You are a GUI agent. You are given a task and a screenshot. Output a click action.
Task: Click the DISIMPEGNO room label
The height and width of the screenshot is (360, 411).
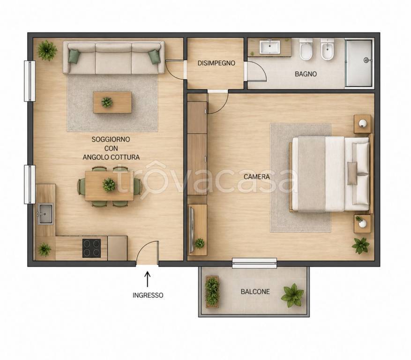click(x=216, y=63)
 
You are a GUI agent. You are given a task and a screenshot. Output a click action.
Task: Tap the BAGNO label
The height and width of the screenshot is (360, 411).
click(x=306, y=74)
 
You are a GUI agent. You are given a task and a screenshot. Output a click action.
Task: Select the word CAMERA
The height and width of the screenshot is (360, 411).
click(x=257, y=177)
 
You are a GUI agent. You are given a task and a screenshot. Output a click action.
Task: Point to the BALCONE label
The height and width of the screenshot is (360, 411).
click(x=255, y=292)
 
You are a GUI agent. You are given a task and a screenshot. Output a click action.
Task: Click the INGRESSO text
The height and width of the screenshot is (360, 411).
click(x=148, y=295)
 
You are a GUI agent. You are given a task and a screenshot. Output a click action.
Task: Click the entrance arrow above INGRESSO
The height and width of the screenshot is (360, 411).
click(x=148, y=279)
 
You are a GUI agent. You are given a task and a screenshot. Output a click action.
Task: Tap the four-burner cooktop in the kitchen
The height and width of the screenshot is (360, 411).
click(x=91, y=248)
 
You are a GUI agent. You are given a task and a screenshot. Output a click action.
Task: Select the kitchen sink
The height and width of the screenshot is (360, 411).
click(x=45, y=214)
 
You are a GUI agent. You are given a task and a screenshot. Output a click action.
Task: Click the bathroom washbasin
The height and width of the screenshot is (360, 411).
click(x=270, y=47)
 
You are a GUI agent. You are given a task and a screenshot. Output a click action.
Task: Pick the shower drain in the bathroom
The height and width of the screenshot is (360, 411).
click(x=366, y=60)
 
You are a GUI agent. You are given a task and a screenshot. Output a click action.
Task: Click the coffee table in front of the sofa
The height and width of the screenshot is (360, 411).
click(x=112, y=102)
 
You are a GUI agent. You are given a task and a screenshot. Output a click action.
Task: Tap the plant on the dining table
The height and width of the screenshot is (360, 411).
click(x=109, y=185)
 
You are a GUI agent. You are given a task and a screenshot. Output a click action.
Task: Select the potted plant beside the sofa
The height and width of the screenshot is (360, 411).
click(x=47, y=50)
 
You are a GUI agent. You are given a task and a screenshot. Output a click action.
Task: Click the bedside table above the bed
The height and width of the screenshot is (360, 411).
click(x=362, y=124)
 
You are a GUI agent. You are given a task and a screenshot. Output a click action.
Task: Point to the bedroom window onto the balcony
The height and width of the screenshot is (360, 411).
click(x=254, y=263)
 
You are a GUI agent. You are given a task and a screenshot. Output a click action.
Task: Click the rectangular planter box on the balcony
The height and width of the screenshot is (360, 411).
click(x=212, y=292)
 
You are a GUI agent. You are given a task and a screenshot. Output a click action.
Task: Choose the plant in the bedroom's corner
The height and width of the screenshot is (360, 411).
click(x=361, y=246)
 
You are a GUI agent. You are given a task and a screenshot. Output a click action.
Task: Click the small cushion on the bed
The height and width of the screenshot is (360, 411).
click(x=352, y=173)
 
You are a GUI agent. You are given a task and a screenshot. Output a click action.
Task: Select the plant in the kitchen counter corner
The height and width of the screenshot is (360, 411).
click(x=45, y=249)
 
